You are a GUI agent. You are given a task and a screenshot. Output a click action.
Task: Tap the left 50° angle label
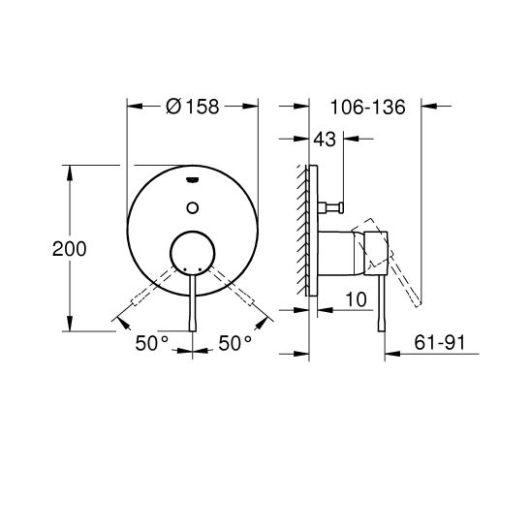click(x=151, y=342)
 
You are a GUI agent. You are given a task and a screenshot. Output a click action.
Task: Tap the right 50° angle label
click(x=234, y=342)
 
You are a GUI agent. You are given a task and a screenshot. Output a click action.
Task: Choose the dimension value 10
click(x=355, y=301)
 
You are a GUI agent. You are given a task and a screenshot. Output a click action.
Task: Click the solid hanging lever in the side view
click(x=384, y=300)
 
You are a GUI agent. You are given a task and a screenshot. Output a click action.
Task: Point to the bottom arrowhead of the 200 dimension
click(x=69, y=327)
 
